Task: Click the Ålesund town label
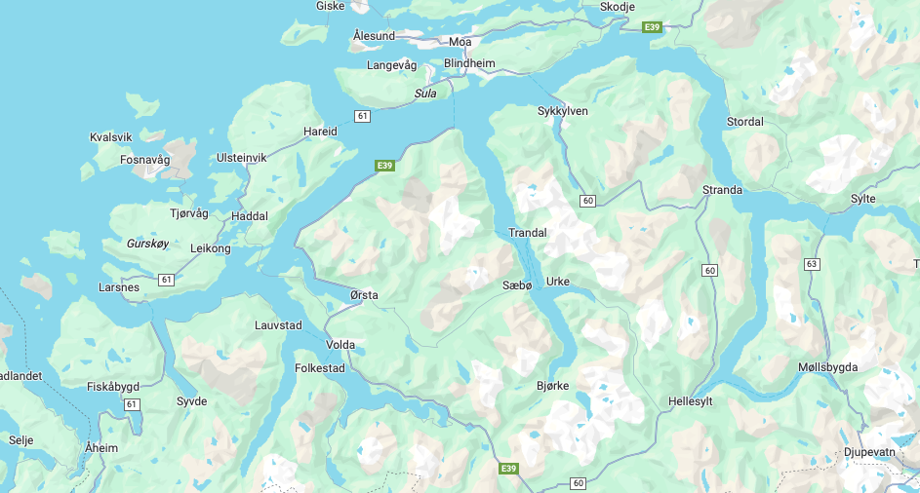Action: (374, 36)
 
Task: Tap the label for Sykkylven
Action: (563, 111)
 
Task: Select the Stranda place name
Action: (722, 190)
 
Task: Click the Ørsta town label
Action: (364, 295)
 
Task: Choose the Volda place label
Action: (340, 345)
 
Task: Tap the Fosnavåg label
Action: (145, 160)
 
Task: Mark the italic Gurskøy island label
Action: (148, 244)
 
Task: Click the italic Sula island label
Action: (425, 94)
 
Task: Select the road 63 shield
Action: (812, 264)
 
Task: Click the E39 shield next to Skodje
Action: (653, 27)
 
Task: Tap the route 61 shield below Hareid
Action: (363, 116)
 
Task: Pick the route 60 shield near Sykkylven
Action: (586, 201)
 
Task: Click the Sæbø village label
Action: (517, 285)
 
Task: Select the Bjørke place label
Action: (552, 387)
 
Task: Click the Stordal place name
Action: (745, 122)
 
